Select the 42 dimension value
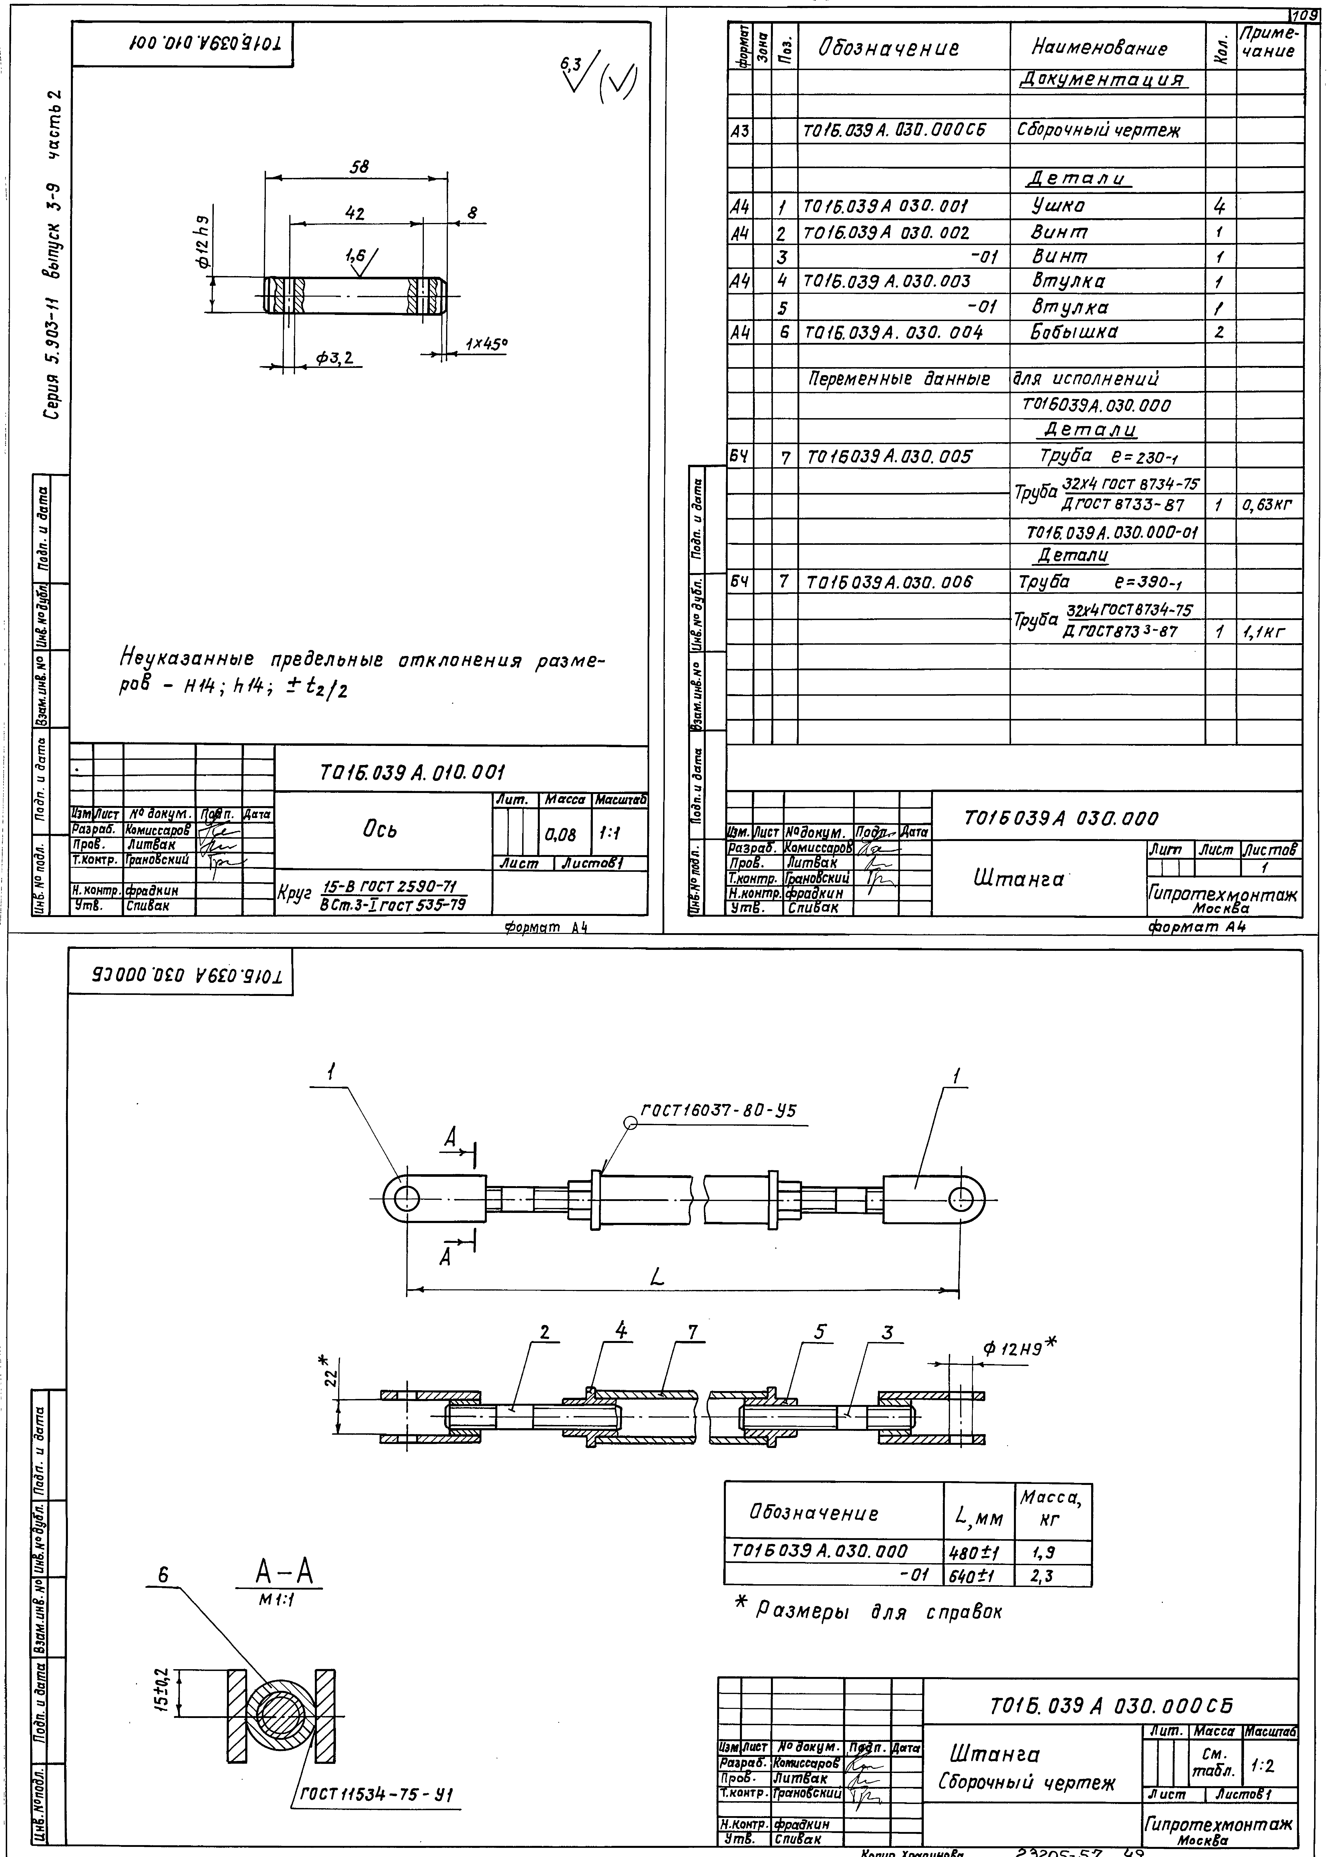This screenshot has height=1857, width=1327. coord(355,213)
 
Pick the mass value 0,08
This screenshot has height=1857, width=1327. coord(560,835)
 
